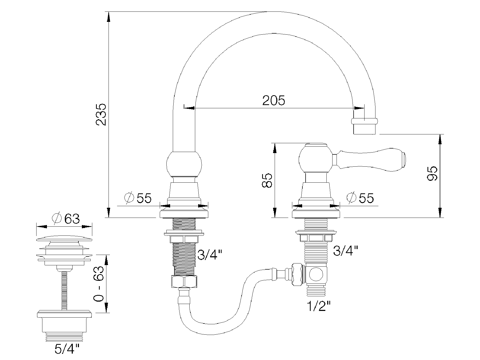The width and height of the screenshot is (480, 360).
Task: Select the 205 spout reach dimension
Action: coord(274,100)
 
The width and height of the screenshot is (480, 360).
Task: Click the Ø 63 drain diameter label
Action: coord(66,219)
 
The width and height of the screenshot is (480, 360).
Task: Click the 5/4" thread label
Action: coord(67,350)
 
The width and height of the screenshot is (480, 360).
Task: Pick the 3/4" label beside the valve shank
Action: coord(346,250)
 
